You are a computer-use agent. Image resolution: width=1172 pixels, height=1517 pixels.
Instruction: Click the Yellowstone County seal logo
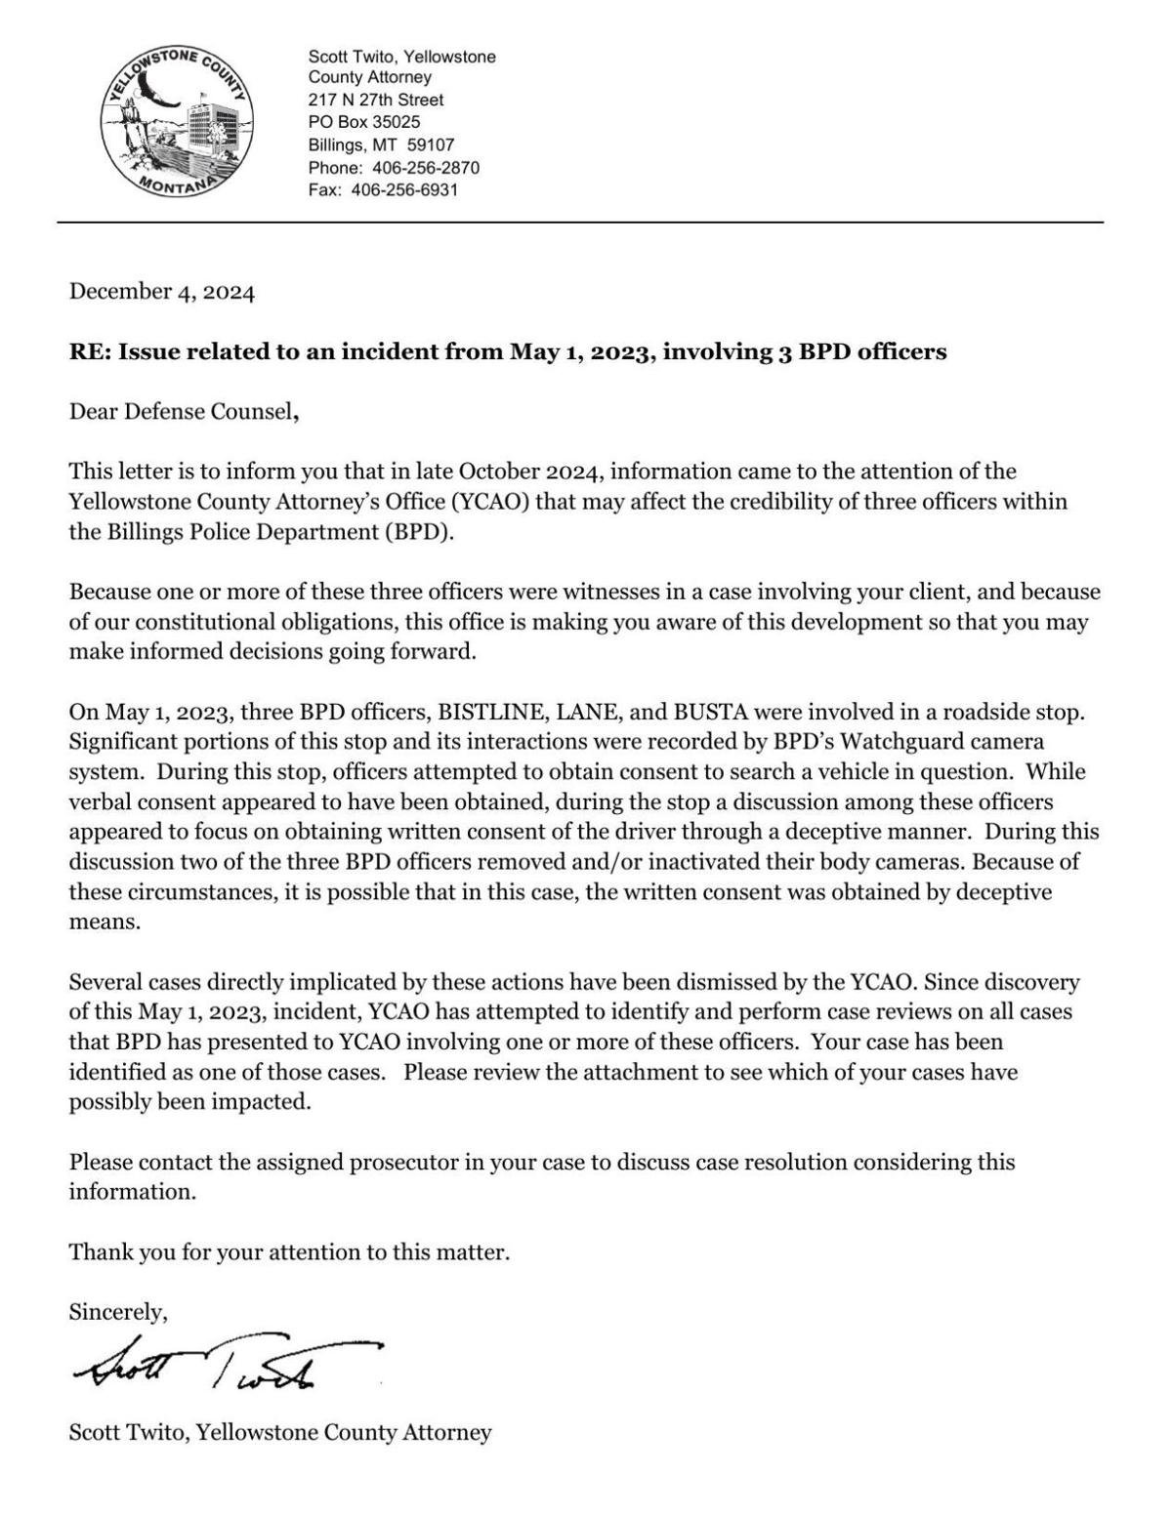(x=177, y=122)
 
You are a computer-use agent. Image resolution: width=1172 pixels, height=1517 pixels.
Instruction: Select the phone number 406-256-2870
(x=426, y=168)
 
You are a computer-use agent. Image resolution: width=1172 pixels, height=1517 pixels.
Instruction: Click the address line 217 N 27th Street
(x=376, y=100)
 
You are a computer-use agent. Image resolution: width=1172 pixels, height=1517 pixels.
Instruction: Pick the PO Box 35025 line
(x=364, y=122)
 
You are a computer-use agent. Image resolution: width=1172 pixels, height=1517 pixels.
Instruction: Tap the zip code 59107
(x=431, y=144)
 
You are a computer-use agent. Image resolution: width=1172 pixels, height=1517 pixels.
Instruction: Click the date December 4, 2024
(x=161, y=292)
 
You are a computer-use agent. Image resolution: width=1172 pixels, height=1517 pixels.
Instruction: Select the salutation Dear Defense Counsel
(x=182, y=412)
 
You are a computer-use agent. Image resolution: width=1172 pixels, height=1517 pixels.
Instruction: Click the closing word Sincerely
(x=117, y=1313)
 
